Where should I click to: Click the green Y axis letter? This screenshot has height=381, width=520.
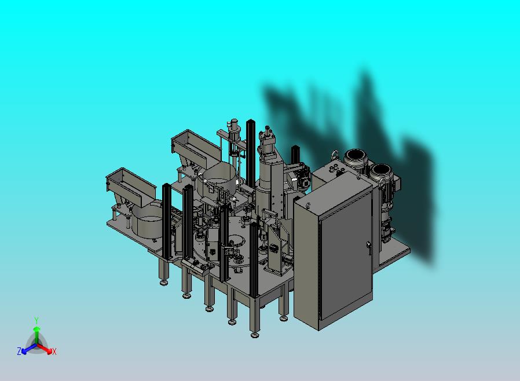tap(36, 320)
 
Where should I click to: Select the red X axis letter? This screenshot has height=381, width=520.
tap(54, 351)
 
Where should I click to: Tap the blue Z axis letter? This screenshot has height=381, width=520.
tap(19, 351)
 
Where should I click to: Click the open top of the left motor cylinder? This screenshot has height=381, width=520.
tap(354, 155)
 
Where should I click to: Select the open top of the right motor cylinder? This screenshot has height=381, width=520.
tap(380, 170)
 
